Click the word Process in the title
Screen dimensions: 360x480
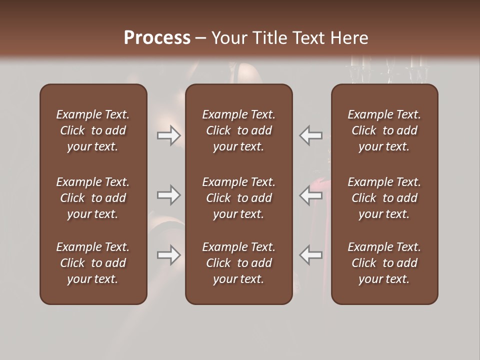[x=157, y=38]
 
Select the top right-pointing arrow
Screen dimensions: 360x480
[x=168, y=135]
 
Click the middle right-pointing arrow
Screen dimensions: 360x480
[x=168, y=195]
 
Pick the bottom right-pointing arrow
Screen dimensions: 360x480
[x=168, y=255]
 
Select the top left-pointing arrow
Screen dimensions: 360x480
[x=310, y=135]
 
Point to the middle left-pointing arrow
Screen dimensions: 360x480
[x=310, y=195]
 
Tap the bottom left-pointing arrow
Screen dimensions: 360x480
[x=310, y=255]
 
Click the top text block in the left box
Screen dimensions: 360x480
[x=93, y=130]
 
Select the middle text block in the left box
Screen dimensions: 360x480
[x=93, y=198]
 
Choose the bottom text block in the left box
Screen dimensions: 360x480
[x=93, y=263]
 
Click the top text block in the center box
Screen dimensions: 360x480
[x=238, y=130]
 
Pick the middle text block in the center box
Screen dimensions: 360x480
[x=238, y=198]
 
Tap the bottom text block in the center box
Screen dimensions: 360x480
[x=238, y=263]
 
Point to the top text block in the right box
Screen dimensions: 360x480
[x=384, y=130]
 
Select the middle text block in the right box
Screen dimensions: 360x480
[x=384, y=198]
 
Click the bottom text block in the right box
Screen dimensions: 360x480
[x=384, y=263]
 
